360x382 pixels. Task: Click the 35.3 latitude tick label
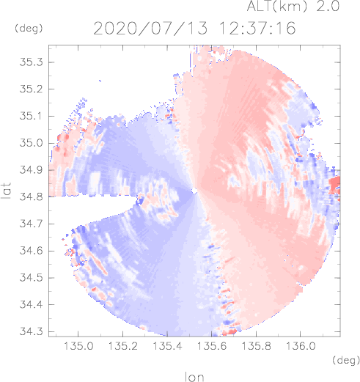(31, 62)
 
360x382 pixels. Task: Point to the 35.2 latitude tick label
(31, 89)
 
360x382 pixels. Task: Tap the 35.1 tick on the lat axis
(31, 116)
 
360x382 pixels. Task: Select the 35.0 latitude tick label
(31, 143)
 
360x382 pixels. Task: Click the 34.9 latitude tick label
(31, 170)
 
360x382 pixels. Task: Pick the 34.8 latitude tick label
(31, 196)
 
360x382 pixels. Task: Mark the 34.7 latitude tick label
(31, 224)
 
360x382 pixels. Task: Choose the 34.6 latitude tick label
(31, 251)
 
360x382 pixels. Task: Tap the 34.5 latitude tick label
(31, 278)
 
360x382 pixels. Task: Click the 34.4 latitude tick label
(31, 304)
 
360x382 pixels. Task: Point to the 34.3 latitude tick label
(31, 331)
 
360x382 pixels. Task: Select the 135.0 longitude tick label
(78, 346)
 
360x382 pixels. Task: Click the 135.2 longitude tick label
(122, 346)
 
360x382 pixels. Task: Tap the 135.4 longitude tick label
(167, 346)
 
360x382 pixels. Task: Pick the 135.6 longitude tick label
(212, 346)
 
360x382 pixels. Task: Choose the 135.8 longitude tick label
(256, 346)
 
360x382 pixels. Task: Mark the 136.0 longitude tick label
(301, 346)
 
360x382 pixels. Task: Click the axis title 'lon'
(194, 377)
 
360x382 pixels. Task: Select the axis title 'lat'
(6, 191)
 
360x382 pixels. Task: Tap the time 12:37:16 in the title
(257, 29)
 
